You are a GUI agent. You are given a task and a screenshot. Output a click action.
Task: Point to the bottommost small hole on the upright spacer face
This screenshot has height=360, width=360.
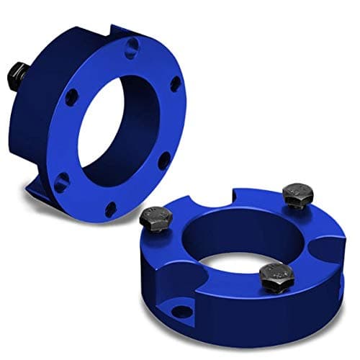tap(110, 210)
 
